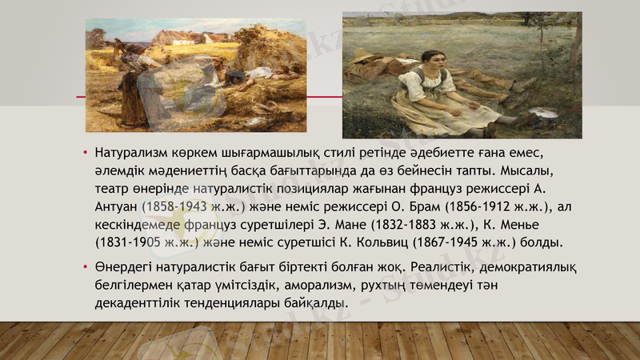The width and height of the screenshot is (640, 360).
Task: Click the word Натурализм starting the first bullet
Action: [131, 152]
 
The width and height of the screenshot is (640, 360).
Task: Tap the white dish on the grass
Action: [543, 112]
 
